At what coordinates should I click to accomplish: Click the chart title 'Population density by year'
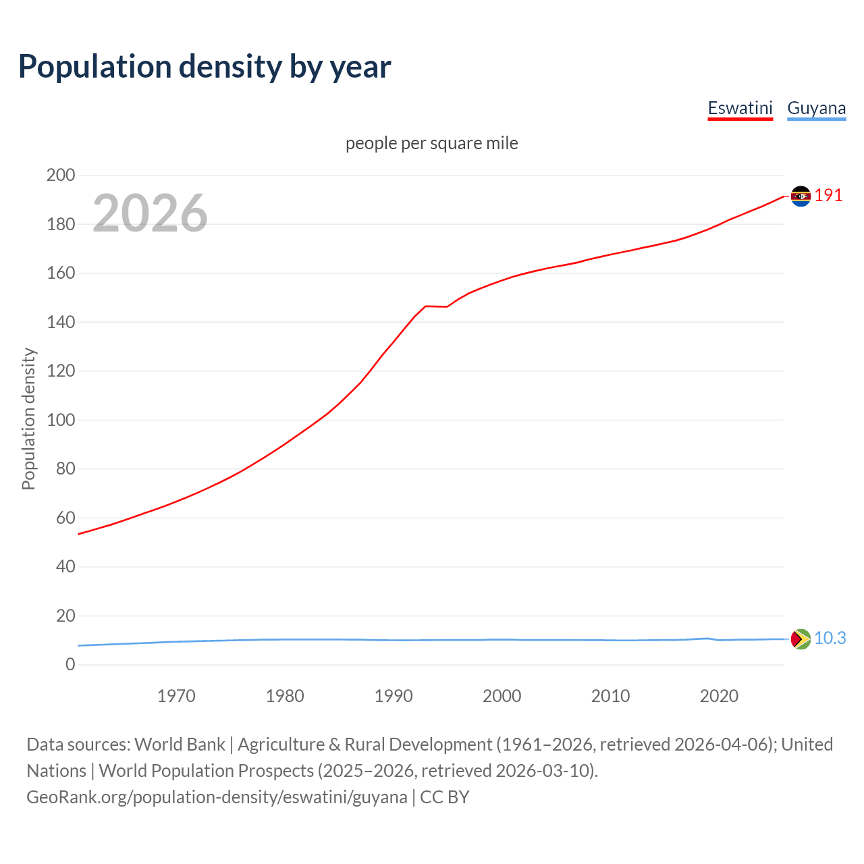click(205, 67)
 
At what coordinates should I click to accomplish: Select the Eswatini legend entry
click(740, 108)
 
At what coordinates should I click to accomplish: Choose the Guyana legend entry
click(816, 108)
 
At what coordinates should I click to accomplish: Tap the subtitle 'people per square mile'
click(431, 143)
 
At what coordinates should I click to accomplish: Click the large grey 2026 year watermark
click(150, 213)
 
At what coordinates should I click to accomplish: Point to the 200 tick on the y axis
click(60, 175)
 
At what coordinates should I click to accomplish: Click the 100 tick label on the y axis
click(60, 420)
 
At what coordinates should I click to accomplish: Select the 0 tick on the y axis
click(70, 665)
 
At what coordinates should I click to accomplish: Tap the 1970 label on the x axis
click(176, 696)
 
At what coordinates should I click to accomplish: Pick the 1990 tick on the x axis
click(394, 696)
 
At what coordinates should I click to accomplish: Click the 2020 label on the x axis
click(719, 696)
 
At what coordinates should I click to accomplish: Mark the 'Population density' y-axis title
click(28, 418)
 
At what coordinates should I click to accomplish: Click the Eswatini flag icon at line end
click(801, 196)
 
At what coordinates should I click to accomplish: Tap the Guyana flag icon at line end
click(801, 639)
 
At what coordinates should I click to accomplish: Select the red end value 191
click(828, 196)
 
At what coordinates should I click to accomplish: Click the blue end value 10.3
click(830, 638)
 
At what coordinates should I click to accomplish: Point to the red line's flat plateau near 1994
click(435, 306)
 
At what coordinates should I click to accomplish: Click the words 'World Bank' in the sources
click(180, 744)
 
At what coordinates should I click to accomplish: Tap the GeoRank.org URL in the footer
click(217, 796)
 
